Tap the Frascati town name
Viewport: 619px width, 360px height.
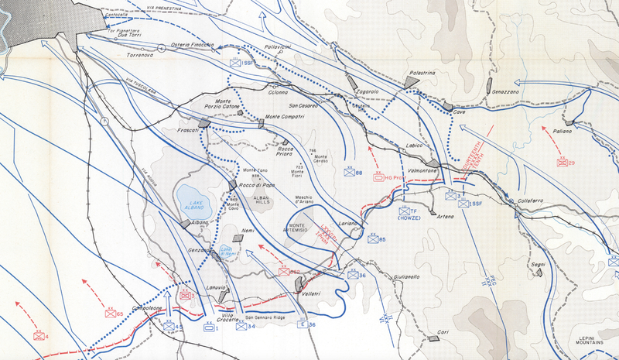pyautogui.click(x=188, y=130)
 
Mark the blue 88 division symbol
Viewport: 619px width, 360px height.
pyautogui.click(x=349, y=172)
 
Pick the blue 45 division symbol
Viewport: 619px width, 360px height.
pyautogui.click(x=169, y=327)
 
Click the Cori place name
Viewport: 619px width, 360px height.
pyautogui.click(x=443, y=332)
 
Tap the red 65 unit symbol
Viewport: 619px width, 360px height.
pyautogui.click(x=111, y=312)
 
